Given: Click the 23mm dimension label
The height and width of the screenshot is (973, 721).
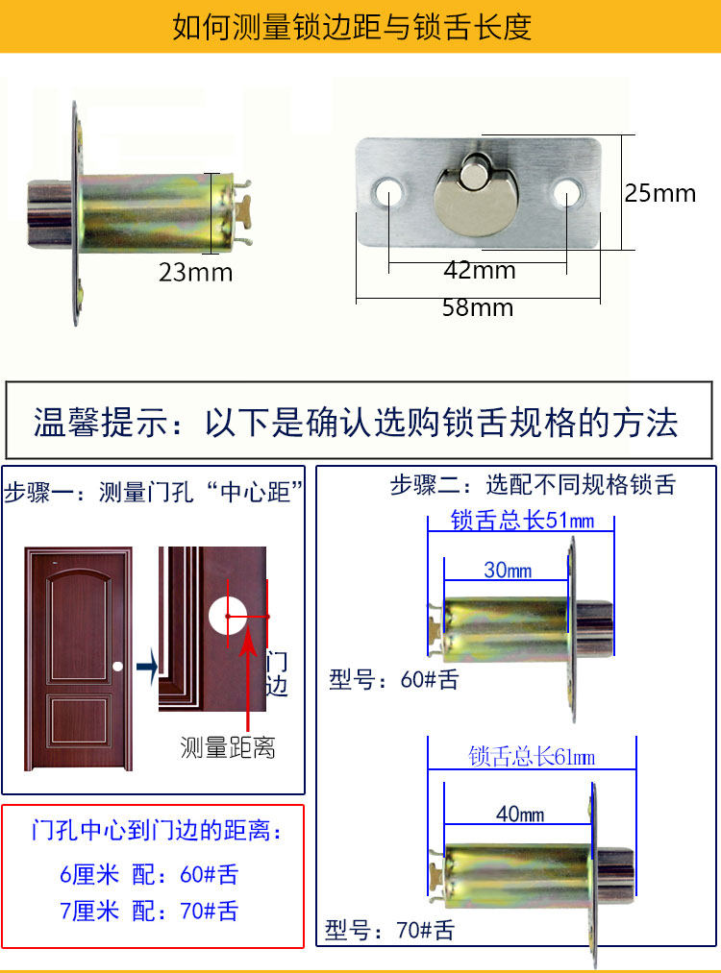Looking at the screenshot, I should pyautogui.click(x=195, y=273).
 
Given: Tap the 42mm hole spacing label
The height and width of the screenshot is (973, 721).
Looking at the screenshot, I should pyautogui.click(x=479, y=271).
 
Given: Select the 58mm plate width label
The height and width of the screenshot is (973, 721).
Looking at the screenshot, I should pyautogui.click(x=477, y=308).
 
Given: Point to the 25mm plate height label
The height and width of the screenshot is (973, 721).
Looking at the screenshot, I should pyautogui.click(x=659, y=193).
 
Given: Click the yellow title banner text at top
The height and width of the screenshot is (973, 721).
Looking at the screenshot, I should pyautogui.click(x=352, y=26).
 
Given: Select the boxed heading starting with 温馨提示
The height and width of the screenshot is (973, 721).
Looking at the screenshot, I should pyautogui.click(x=356, y=422).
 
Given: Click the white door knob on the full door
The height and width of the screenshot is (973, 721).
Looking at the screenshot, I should pyautogui.click(x=116, y=666).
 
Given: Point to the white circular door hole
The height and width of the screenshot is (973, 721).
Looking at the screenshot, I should pyautogui.click(x=229, y=616).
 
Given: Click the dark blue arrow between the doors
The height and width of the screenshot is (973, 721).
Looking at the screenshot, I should pyautogui.click(x=146, y=667).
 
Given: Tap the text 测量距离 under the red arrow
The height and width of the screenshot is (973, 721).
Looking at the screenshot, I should pyautogui.click(x=228, y=747).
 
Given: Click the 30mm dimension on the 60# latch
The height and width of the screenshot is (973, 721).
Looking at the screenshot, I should pyautogui.click(x=507, y=571).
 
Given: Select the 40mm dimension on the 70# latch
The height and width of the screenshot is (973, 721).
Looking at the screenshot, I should pyautogui.click(x=519, y=815).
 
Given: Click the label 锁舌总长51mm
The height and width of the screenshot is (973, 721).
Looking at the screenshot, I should pyautogui.click(x=522, y=522).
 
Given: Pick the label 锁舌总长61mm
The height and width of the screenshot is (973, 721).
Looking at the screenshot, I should pyautogui.click(x=532, y=757).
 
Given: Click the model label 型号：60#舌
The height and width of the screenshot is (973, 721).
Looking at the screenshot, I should pyautogui.click(x=393, y=680).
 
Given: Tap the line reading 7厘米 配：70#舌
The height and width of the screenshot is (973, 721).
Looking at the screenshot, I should pyautogui.click(x=149, y=911).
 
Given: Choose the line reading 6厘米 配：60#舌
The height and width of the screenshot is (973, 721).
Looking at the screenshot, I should pyautogui.click(x=149, y=874).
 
